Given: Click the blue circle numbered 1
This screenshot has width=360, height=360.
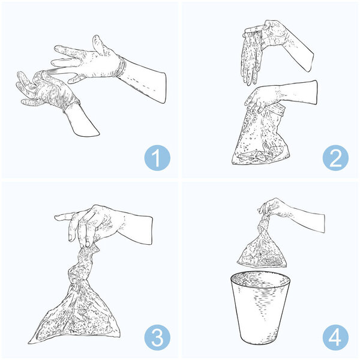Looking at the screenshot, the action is [x=157, y=158].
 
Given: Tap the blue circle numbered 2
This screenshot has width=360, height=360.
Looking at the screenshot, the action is [x=335, y=158].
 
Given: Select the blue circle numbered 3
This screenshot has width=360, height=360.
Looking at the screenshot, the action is [x=157, y=337].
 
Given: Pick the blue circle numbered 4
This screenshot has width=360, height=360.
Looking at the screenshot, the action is [x=335, y=337].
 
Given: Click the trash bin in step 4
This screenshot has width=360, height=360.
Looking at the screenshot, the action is [x=260, y=308].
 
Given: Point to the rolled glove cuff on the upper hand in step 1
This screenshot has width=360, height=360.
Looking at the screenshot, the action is [x=121, y=67].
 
